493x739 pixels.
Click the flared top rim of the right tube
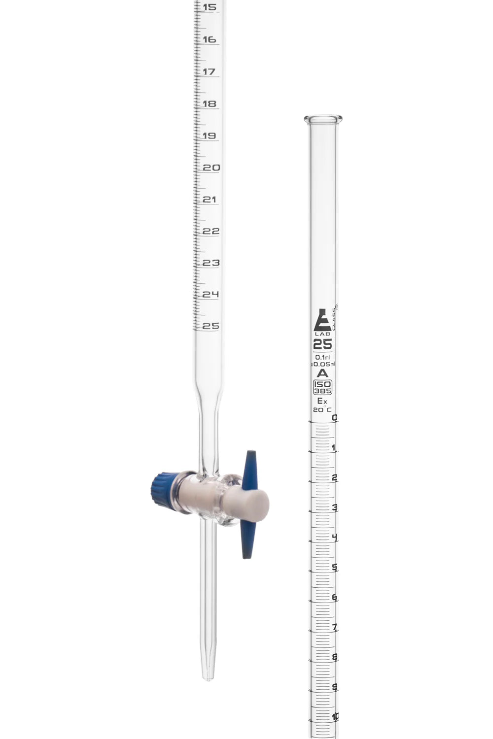(x=323, y=119)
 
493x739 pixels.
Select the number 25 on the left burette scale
(x=211, y=326)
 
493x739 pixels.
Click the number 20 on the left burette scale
(x=211, y=168)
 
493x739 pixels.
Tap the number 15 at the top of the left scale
(x=209, y=7)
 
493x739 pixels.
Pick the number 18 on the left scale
(x=210, y=104)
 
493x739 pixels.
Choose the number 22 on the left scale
(x=211, y=231)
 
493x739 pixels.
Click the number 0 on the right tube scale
(x=335, y=418)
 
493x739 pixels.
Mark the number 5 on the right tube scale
(x=335, y=568)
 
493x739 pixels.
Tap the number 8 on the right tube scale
(x=335, y=657)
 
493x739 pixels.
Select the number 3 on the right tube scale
(x=335, y=508)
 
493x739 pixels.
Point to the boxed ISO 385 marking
(x=323, y=388)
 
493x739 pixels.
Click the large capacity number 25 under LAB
(x=323, y=344)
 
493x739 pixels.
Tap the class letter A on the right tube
(x=323, y=373)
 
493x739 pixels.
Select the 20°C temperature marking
(x=322, y=409)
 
